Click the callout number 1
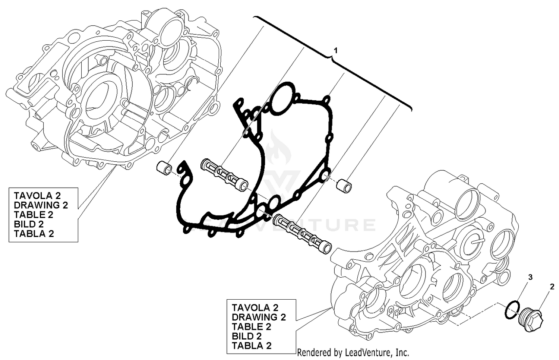[x=336, y=50]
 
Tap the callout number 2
[x=552, y=287]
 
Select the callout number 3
[x=530, y=277]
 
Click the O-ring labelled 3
[x=513, y=310]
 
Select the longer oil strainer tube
[x=302, y=235]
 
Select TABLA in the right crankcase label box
[x=247, y=346]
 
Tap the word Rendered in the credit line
[x=313, y=352]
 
